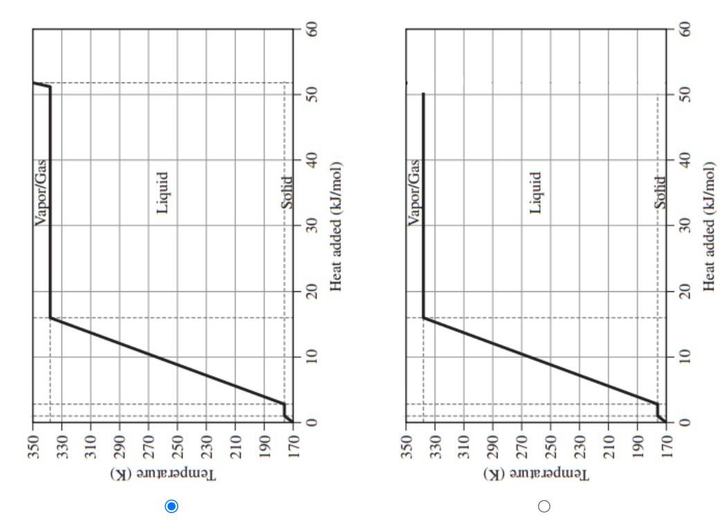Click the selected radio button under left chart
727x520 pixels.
(172, 506)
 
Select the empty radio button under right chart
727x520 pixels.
(544, 506)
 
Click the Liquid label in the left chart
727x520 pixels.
(163, 193)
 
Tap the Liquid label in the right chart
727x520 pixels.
(536, 193)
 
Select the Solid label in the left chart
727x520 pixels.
(287, 193)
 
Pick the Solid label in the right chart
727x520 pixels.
(661, 193)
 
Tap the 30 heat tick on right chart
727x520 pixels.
(685, 226)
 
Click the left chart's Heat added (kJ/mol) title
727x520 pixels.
(336, 227)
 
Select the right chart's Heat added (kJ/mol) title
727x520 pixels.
(709, 227)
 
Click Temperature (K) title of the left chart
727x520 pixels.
(163, 475)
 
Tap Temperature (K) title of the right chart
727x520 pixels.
(537, 475)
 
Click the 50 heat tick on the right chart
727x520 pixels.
(685, 94)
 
